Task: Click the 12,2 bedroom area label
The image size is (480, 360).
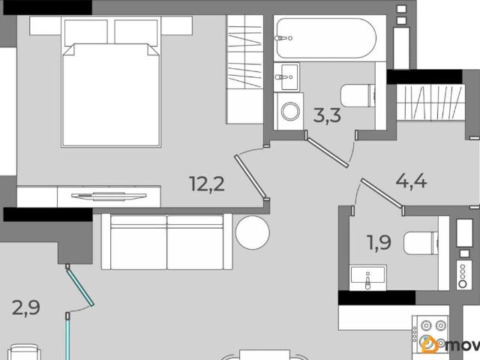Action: [x=207, y=184]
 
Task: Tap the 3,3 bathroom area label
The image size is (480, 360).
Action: [x=327, y=115]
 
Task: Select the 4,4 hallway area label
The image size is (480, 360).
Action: [x=411, y=181]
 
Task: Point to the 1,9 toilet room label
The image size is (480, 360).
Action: [x=379, y=243]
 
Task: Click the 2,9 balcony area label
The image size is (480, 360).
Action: [x=26, y=307]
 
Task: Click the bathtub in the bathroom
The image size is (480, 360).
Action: [x=326, y=38]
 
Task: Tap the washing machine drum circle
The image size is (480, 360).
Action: [x=290, y=112]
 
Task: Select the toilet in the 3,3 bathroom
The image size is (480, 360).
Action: [x=358, y=95]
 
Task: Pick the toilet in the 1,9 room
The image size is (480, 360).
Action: [x=421, y=243]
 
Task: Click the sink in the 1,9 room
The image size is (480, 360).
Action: [x=367, y=277]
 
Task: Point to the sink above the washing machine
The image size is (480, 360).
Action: [x=286, y=76]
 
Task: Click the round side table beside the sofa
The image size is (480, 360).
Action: [x=253, y=232]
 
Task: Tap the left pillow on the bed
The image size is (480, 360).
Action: [x=86, y=32]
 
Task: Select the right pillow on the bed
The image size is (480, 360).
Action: [x=136, y=32]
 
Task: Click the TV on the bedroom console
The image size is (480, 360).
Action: [x=109, y=196]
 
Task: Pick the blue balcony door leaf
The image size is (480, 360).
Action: [x=79, y=286]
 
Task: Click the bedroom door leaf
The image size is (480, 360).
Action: [x=251, y=177]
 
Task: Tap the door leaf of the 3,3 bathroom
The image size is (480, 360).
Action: [x=328, y=152]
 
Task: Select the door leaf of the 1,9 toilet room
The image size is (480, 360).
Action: [x=382, y=193]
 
